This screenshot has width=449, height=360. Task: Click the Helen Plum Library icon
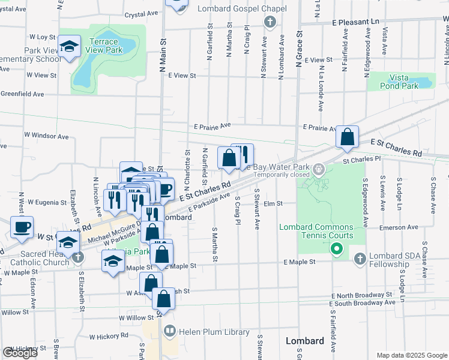coord(170,331)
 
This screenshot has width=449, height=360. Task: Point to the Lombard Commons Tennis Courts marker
coord(337,248)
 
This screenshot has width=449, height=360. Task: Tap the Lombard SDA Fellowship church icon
coord(360,259)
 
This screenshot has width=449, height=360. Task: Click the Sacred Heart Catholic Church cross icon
coord(77,257)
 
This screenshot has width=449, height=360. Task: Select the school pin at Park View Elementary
coord(70,47)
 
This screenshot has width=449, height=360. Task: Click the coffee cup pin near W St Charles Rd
coord(22,227)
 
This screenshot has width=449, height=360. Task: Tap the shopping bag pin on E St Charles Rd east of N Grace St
coord(348,137)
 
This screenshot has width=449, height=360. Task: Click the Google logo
coord(20,353)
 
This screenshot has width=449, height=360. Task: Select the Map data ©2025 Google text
coord(411,355)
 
